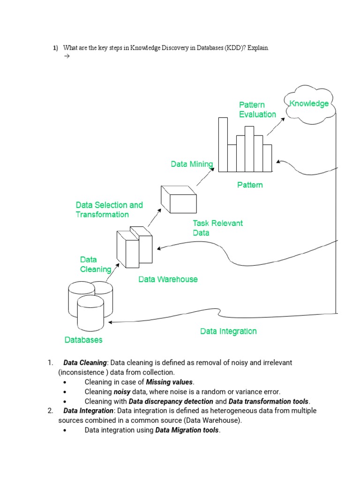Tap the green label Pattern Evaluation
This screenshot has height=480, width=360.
[x=257, y=110]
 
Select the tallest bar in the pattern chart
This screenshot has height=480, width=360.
[x=223, y=145]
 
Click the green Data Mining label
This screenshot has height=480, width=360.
[x=192, y=164]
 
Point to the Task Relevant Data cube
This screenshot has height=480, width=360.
[x=179, y=199]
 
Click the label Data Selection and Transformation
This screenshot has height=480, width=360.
[x=109, y=210]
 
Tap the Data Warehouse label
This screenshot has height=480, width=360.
[x=168, y=279]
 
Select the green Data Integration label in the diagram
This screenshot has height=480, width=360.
[x=228, y=331]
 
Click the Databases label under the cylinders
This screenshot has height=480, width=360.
[x=83, y=340]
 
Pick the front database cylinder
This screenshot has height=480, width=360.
[x=90, y=314]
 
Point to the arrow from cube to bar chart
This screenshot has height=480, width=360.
[x=204, y=177]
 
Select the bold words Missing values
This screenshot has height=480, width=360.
[x=169, y=382]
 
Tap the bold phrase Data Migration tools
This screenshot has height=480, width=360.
[x=187, y=430]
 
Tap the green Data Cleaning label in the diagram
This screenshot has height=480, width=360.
[x=95, y=264]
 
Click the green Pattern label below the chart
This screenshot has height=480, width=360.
[x=250, y=185]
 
